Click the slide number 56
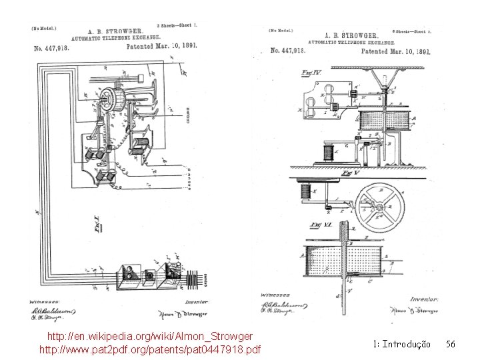(450, 344)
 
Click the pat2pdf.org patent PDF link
(151, 349)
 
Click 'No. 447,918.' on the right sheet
(289, 51)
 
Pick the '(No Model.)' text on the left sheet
(43, 28)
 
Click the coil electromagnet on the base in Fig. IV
(328, 151)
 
